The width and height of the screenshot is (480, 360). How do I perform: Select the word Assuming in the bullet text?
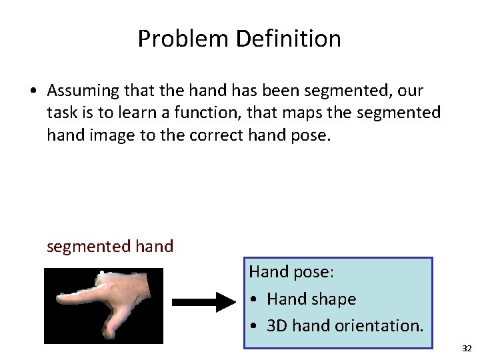tap(82, 90)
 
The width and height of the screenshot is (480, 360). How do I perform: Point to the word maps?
tap(333, 113)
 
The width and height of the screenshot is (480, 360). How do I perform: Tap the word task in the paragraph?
tap(63, 113)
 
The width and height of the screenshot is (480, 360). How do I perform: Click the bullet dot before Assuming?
tap(32, 91)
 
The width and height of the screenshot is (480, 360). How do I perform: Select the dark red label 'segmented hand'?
tap(110, 246)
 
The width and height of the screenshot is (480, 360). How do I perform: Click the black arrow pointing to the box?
tap(204, 303)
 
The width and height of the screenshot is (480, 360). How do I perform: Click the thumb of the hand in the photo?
tap(107, 327)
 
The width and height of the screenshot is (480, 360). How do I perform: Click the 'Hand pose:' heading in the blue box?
tap(291, 272)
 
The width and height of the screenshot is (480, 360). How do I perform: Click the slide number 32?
tap(466, 349)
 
